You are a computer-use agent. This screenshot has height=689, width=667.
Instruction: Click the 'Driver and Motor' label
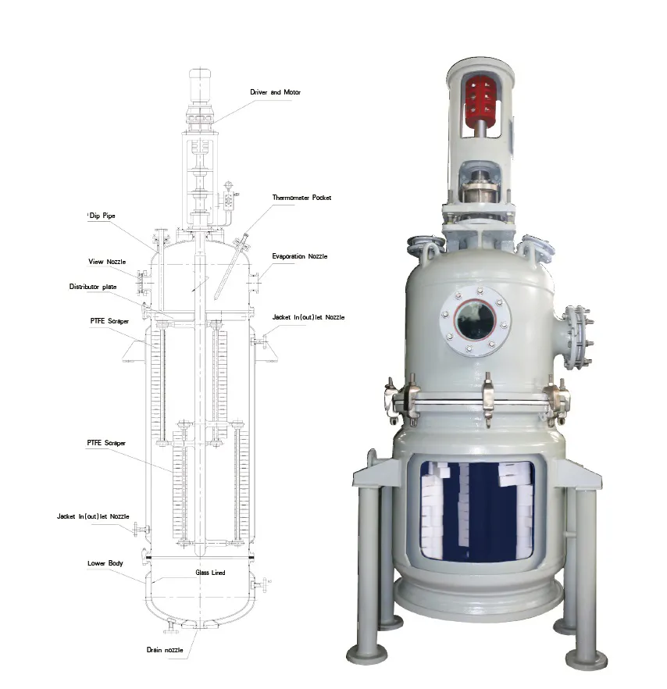(275, 92)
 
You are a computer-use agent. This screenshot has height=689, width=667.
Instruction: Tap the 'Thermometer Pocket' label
(301, 198)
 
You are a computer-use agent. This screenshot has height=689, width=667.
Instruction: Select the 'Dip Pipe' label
(102, 216)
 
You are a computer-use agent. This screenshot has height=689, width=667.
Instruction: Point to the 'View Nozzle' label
(107, 262)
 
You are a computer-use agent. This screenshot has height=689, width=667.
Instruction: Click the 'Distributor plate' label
(93, 287)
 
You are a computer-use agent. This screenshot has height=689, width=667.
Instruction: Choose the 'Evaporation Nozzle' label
(300, 256)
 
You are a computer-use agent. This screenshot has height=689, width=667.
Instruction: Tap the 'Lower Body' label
(105, 563)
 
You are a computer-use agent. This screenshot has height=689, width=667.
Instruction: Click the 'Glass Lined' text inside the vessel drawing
(210, 573)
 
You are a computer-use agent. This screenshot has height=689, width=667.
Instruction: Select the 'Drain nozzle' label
(165, 650)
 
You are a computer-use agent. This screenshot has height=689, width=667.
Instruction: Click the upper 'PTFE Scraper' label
(109, 321)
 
